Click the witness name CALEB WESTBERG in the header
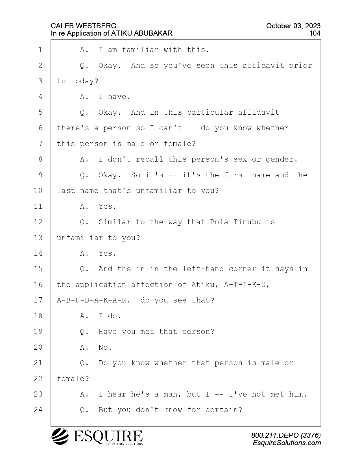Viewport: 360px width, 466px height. point(84,26)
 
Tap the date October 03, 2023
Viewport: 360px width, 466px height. point(293,26)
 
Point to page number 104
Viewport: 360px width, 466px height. point(315,33)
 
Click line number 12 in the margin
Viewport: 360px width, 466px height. point(38,222)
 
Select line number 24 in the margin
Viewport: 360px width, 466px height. point(38,410)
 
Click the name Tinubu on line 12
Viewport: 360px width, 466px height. point(247,222)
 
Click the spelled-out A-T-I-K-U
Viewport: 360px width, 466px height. point(246,285)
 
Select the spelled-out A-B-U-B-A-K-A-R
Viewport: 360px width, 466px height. point(93,300)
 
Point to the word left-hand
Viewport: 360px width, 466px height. point(203,269)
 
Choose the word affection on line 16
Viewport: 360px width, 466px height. point(152,285)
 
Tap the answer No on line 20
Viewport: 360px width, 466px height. point(105,347)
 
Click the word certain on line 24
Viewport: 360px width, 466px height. point(224,410)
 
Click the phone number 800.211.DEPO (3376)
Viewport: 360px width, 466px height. point(286,435)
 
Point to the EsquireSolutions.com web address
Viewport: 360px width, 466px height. point(287,443)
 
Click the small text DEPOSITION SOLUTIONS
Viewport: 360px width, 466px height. point(124,444)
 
